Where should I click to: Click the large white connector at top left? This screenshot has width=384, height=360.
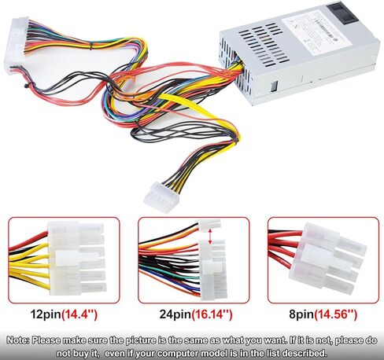(17, 45)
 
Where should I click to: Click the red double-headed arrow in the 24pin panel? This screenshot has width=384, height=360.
(210, 236)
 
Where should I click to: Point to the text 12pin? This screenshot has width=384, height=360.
(46, 314)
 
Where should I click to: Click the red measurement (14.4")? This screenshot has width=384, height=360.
(79, 314)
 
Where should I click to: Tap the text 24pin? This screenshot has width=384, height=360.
(175, 314)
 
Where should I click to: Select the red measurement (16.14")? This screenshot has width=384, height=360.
(212, 314)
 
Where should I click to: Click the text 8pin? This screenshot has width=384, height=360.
(301, 314)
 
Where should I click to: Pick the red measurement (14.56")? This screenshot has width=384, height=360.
(336, 314)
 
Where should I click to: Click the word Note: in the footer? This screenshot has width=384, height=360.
(18, 340)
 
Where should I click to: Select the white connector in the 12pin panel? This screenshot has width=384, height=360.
(77, 259)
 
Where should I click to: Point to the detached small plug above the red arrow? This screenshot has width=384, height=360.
(209, 226)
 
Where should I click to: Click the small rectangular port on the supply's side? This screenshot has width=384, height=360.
(273, 86)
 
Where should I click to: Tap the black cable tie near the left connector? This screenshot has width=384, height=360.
(27, 85)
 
